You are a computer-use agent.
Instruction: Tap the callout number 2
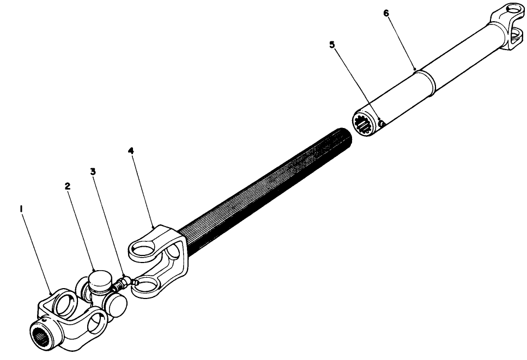(68, 186)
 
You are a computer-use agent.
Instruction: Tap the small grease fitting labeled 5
(382, 125)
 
